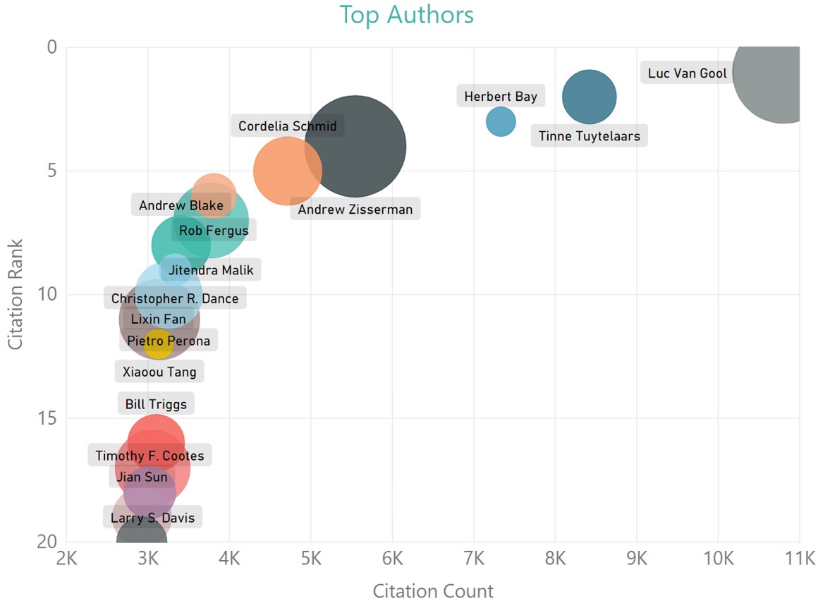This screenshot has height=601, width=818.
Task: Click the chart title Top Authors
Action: tap(406, 14)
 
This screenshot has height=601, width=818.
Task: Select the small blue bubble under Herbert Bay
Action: tap(501, 122)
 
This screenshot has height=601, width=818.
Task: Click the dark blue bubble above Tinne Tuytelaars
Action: tap(590, 97)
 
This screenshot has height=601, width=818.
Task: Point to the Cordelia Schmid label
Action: tap(287, 126)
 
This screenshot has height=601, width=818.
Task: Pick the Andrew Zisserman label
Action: tap(355, 209)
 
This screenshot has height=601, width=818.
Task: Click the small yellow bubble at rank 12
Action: tap(158, 344)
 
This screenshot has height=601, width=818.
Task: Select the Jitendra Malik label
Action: tap(210, 269)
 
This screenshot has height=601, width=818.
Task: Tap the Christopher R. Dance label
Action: tap(175, 298)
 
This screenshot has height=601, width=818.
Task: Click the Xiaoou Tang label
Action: tap(159, 372)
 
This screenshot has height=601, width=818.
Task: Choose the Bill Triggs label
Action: tap(156, 404)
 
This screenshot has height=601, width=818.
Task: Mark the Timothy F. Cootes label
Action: tap(149, 456)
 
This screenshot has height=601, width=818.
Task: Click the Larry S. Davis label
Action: tap(152, 518)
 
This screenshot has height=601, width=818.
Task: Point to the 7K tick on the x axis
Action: tap(474, 559)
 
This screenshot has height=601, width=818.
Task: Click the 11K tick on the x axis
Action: tap(799, 559)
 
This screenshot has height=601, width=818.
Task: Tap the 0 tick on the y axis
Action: tap(51, 47)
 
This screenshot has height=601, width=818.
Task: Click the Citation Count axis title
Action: tap(433, 590)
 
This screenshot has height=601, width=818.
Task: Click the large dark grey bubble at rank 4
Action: tap(355, 146)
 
